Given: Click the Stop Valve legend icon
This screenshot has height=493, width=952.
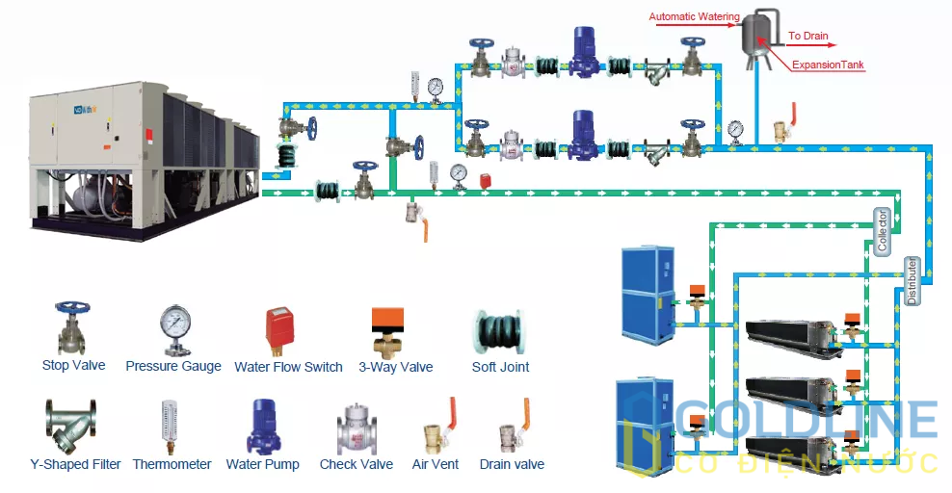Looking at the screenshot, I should pyautogui.click(x=73, y=328).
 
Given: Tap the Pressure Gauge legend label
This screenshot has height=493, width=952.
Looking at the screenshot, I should pyautogui.click(x=173, y=366).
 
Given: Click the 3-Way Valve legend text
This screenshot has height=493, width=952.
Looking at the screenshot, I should pyautogui.click(x=395, y=366).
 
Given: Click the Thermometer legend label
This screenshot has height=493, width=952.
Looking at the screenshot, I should pyautogui.click(x=172, y=464).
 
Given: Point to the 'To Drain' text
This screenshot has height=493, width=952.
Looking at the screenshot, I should pyautogui.click(x=807, y=37).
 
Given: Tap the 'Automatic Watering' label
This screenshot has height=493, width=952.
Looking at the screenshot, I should pyautogui.click(x=694, y=16).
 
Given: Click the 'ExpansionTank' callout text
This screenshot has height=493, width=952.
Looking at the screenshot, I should pyautogui.click(x=828, y=65).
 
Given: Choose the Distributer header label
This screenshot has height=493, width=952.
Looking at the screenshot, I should pyautogui.click(x=912, y=280).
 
